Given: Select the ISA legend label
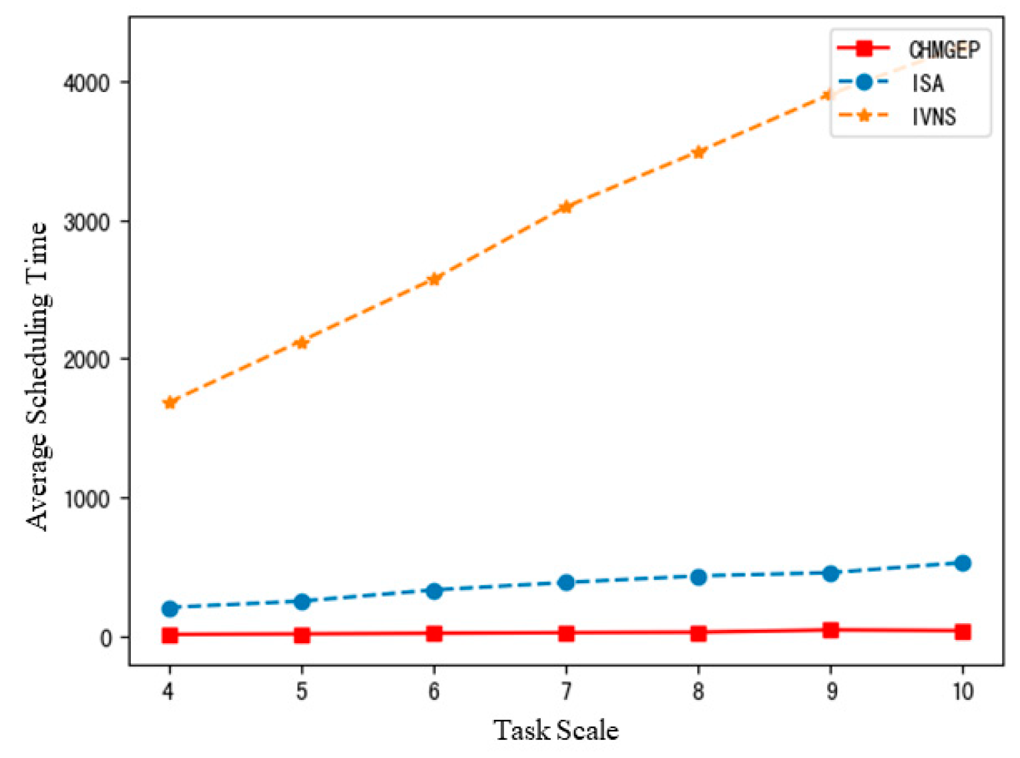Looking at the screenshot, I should (928, 83).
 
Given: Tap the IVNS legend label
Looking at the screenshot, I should (934, 117).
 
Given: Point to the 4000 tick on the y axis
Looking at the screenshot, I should (86, 83).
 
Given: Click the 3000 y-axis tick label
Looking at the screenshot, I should (86, 222).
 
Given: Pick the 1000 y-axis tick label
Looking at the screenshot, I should (86, 498).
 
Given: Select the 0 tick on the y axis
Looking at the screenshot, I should (106, 638).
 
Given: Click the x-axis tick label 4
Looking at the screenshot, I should (169, 691).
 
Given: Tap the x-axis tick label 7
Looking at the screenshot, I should (566, 691).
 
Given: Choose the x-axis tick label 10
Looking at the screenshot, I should (962, 691).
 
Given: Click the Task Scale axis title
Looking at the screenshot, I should (555, 730).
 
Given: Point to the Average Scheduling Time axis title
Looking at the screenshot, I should (37, 377).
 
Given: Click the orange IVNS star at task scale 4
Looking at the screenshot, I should (170, 402).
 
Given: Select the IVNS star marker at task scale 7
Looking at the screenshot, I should (566, 206).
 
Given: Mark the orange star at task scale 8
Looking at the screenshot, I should (698, 152).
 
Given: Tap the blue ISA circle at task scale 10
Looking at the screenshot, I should (963, 563).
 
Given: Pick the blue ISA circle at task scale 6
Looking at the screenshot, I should (434, 591).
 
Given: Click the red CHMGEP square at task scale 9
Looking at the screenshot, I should (830, 630).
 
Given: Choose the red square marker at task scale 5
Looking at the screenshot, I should (302, 635).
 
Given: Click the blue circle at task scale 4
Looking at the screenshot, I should (170, 609).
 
